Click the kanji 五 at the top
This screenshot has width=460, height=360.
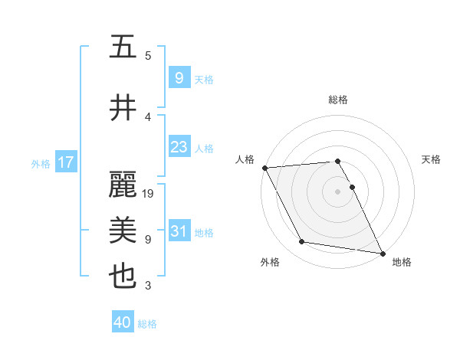click(123, 47)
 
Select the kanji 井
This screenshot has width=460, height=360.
click(123, 108)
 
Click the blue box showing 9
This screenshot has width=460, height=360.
click(179, 77)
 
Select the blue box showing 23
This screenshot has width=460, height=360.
click(179, 147)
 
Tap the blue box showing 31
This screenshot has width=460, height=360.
click(179, 231)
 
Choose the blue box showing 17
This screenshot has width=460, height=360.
click(66, 162)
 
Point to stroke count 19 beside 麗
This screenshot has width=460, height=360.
click(148, 194)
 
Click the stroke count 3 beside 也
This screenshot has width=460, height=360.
click(148, 286)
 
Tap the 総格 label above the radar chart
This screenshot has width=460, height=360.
click(338, 100)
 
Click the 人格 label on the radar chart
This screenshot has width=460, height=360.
click(245, 159)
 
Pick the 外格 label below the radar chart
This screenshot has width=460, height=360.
click(270, 262)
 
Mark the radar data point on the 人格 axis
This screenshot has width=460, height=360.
click(264, 168)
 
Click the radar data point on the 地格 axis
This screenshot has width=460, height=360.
click(382, 253)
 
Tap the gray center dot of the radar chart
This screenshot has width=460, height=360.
click(338, 191)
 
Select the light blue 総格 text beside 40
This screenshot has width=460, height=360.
click(147, 324)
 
